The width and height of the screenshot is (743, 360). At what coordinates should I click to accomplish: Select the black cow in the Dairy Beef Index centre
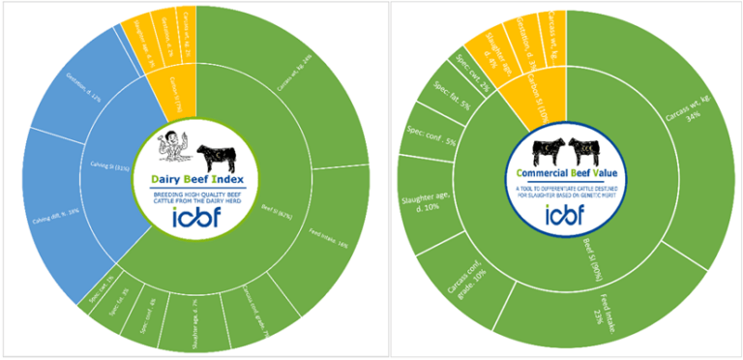(x=218, y=156)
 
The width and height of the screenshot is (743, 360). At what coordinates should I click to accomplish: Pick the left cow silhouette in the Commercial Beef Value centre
(x=549, y=149)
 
